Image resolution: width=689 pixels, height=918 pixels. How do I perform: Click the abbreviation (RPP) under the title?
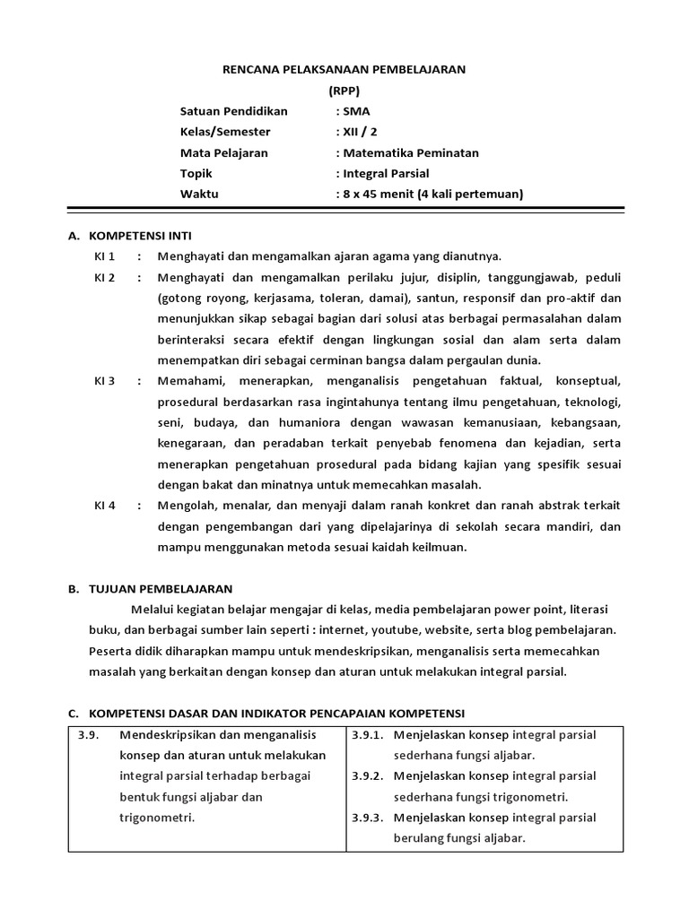344,90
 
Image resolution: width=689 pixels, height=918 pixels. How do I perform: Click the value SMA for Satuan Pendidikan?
354,111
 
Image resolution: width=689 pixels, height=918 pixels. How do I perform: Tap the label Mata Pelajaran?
223,152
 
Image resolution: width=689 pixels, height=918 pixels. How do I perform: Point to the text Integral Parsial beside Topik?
385,173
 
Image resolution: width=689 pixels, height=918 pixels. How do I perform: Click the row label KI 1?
105,255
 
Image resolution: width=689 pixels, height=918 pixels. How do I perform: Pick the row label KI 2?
105,277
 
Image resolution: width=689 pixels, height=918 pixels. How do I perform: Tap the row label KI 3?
105,381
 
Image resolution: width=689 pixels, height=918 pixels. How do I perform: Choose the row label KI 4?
105,506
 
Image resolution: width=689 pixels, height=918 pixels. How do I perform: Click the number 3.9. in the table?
87,734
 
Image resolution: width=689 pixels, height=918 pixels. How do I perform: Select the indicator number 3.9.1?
367,734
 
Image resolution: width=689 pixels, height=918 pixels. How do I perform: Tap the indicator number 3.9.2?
367,775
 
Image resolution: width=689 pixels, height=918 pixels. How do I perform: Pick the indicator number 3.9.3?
367,818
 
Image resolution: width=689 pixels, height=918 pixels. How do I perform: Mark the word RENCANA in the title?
248,69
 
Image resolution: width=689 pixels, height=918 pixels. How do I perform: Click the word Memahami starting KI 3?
188,381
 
